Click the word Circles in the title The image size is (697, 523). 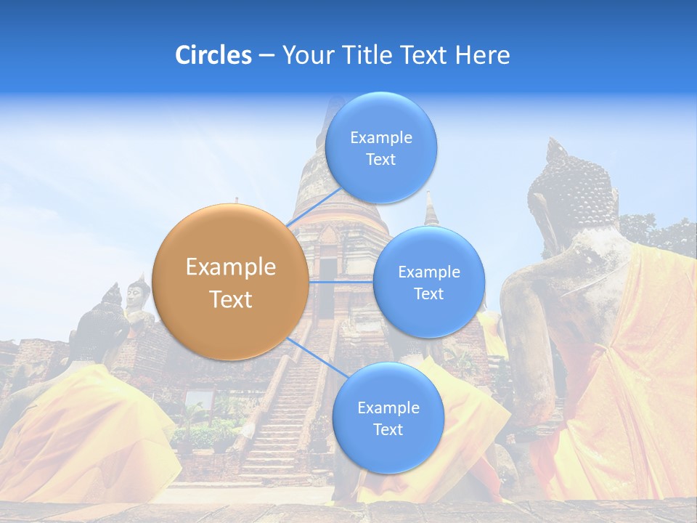213,55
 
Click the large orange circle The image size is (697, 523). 231,282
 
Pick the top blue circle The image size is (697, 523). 380,147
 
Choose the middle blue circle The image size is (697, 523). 428,282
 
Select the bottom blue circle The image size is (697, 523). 388,418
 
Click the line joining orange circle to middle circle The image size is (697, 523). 341,281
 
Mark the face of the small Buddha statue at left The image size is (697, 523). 134,294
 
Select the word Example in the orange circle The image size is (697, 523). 231,267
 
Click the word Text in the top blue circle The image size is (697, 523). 380,160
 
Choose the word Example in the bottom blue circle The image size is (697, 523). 388,408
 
